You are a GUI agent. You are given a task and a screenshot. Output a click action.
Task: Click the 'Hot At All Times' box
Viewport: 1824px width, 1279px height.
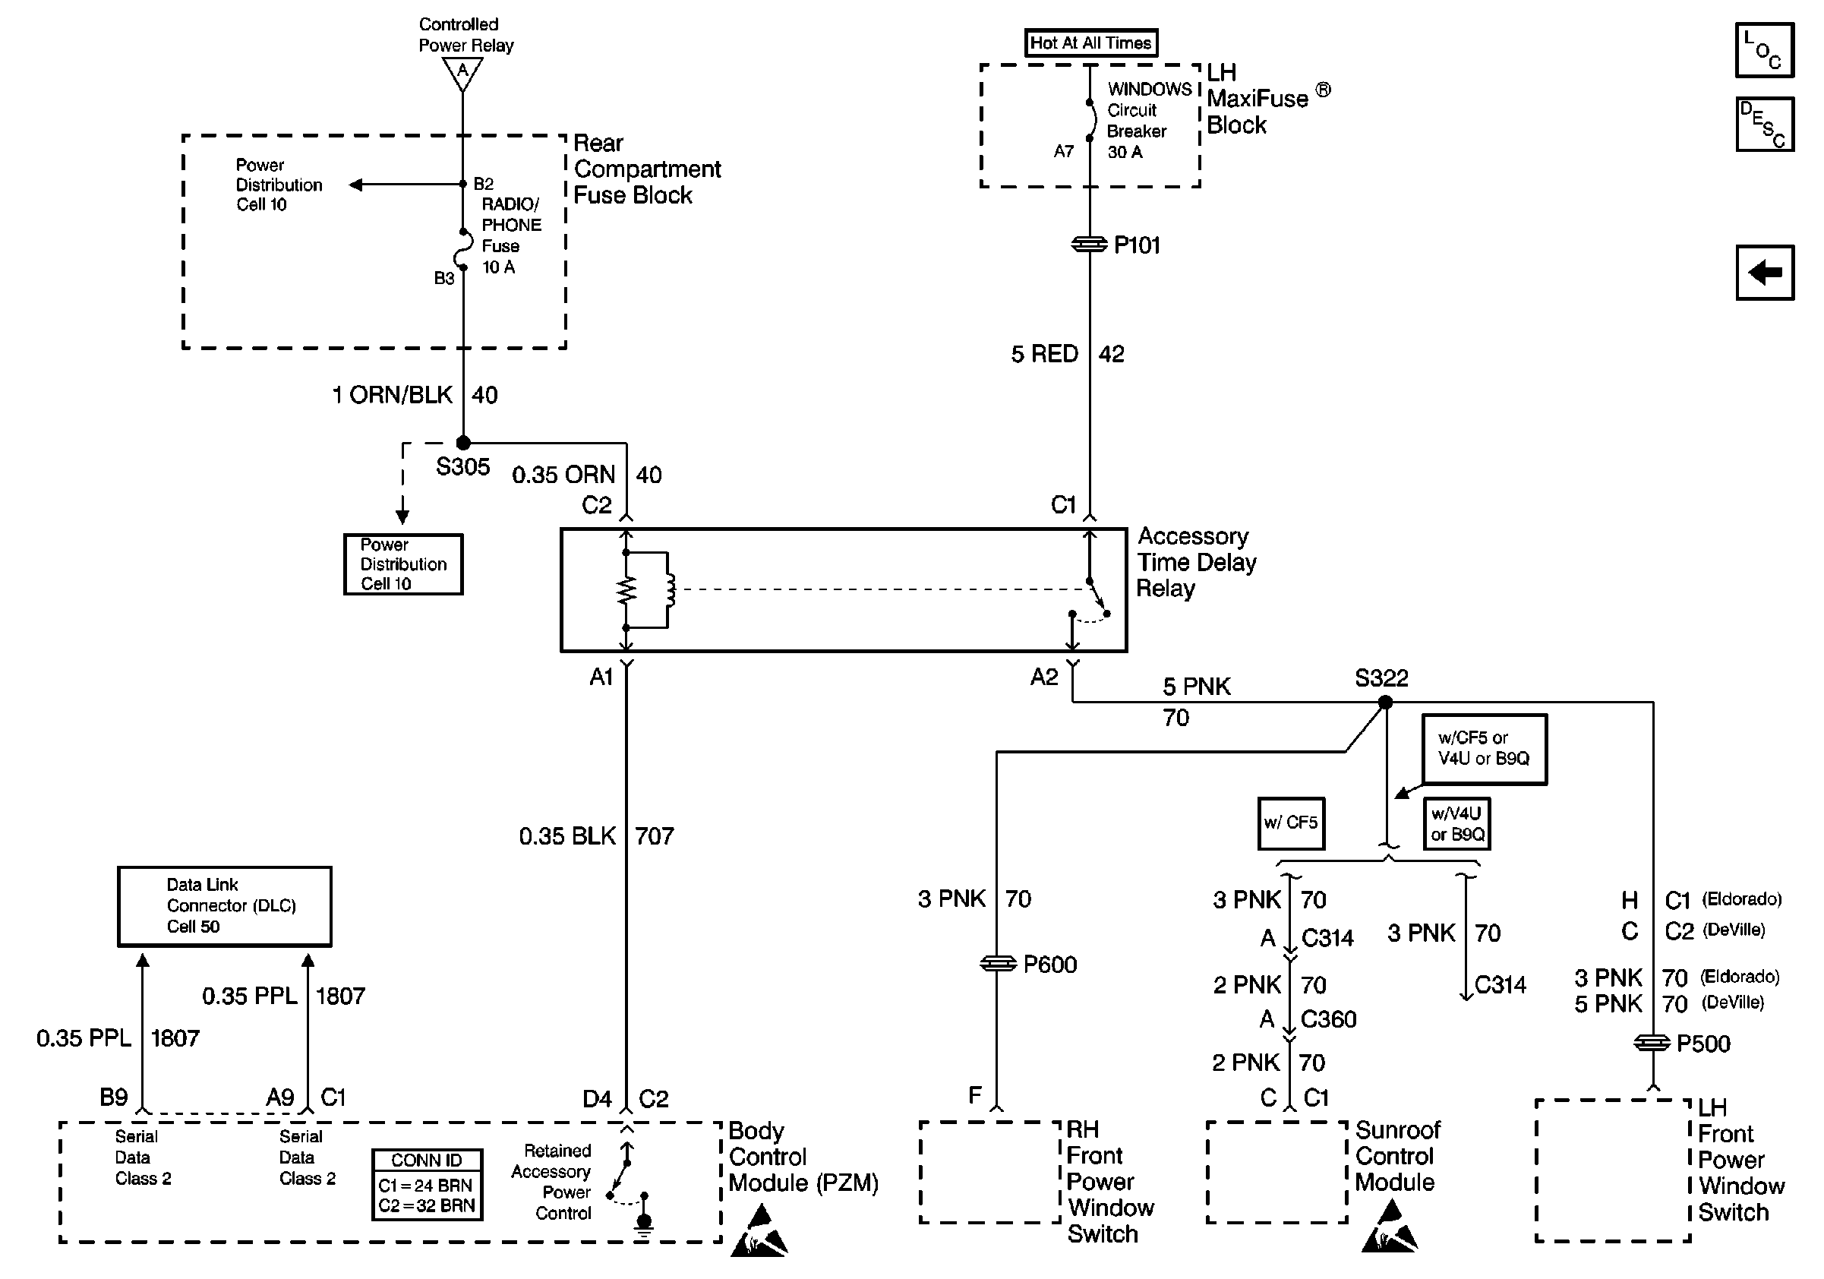pos(1090,43)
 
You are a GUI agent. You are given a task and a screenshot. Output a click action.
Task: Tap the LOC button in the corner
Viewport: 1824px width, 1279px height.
pos(1763,50)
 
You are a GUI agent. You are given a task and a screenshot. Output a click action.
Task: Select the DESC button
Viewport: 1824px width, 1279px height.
pos(1763,124)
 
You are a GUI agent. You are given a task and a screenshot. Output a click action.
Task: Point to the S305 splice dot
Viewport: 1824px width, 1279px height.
pos(463,443)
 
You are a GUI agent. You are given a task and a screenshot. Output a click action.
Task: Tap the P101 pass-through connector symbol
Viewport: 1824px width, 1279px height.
pos(1089,245)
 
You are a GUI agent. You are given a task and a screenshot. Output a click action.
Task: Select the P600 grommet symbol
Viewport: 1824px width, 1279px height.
pos(998,964)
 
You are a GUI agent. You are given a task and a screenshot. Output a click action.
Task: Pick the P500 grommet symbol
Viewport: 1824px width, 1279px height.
pos(1652,1042)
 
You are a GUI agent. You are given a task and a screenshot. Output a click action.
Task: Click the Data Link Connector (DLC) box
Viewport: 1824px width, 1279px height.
pos(225,906)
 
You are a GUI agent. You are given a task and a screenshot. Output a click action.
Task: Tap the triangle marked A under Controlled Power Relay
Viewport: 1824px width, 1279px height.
pos(462,74)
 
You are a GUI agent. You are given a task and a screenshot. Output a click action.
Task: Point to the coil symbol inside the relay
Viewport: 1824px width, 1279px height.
pos(670,589)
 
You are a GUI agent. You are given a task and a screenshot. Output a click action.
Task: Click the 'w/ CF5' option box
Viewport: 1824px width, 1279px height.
pos(1291,823)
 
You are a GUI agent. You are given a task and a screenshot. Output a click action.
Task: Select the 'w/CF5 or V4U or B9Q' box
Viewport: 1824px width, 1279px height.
pos(1483,748)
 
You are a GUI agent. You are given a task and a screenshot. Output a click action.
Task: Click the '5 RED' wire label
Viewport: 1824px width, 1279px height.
pos(1044,354)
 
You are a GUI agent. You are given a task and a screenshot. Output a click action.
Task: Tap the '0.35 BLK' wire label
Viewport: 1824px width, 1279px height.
pos(567,835)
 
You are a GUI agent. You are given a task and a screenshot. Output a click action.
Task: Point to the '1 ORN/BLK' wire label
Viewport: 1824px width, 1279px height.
pos(393,395)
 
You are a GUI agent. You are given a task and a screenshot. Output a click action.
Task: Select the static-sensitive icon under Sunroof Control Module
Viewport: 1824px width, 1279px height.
pos(1390,1228)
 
